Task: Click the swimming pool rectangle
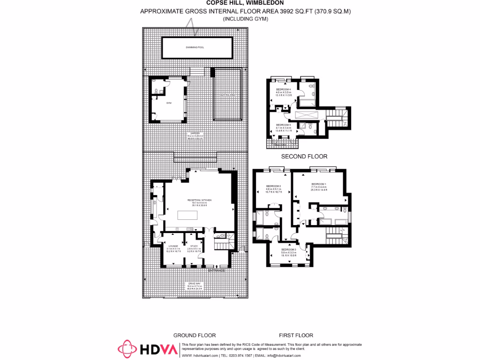point(197,47)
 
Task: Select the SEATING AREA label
point(228,95)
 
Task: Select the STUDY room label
point(194,246)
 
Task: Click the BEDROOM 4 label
point(284,89)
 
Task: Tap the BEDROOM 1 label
point(319,184)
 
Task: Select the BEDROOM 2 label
point(273,186)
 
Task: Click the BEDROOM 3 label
point(288,249)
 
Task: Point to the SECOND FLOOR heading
point(304,157)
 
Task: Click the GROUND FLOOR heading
point(195,335)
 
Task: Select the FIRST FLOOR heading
point(296,335)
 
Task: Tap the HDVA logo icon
point(127,349)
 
